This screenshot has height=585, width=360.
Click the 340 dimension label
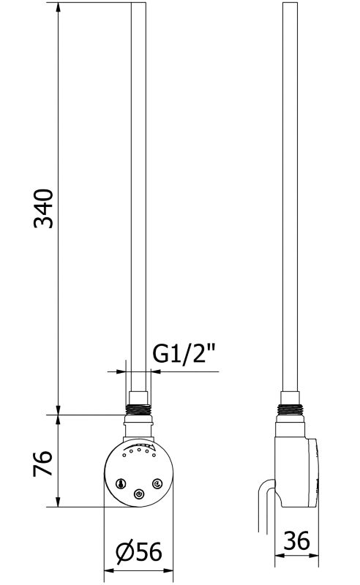click(x=43, y=208)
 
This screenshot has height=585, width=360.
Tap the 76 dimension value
click(x=42, y=463)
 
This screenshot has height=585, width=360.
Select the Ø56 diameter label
click(x=139, y=551)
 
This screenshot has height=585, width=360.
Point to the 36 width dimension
click(x=296, y=540)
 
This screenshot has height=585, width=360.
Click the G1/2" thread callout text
click(x=184, y=353)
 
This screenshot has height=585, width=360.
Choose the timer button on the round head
click(x=157, y=484)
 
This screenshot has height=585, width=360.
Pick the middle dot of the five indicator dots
click(x=138, y=450)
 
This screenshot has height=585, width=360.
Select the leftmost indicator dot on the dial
click(x=124, y=456)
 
